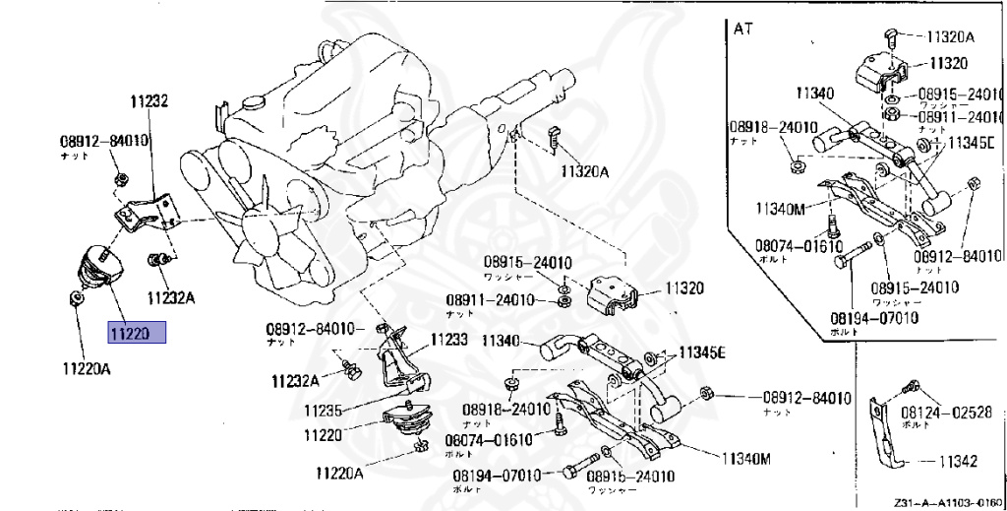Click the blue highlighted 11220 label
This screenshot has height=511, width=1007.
click(137, 334)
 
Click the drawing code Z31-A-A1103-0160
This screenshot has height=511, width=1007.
click(947, 501)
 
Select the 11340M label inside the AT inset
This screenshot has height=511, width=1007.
click(781, 208)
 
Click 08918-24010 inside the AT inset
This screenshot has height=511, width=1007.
click(773, 127)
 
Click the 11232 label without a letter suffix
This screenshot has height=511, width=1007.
click(149, 100)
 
